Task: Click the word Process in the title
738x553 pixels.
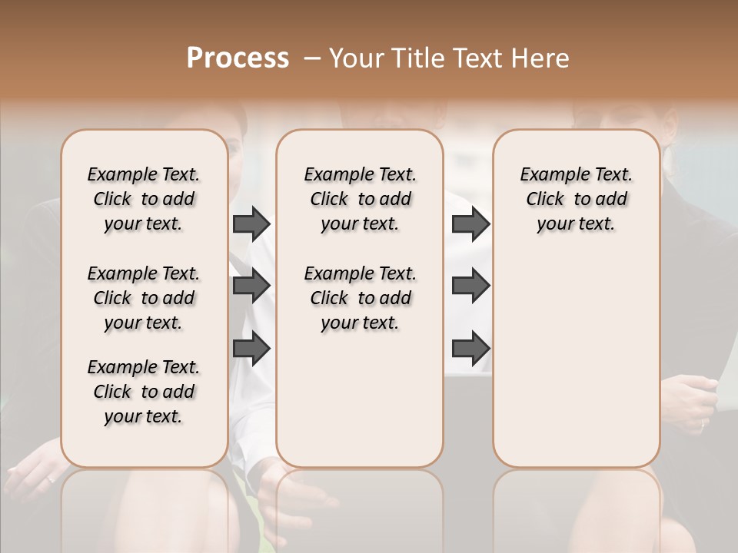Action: [238, 58]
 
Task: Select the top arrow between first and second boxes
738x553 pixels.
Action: [251, 224]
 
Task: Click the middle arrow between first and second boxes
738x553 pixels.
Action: [251, 286]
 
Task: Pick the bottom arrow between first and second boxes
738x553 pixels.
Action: [251, 349]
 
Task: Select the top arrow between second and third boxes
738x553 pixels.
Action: [470, 224]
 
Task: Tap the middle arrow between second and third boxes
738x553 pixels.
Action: [470, 286]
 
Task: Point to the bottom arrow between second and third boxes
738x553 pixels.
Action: [470, 349]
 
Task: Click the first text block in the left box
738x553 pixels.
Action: [144, 199]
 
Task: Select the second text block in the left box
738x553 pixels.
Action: [144, 298]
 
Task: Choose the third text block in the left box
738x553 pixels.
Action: [144, 392]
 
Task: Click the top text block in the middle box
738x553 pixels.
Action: [360, 199]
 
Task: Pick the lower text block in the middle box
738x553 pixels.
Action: [360, 298]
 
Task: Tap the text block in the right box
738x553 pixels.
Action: [577, 199]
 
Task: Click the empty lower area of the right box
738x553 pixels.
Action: [577, 361]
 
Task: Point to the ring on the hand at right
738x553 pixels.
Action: [702, 422]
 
